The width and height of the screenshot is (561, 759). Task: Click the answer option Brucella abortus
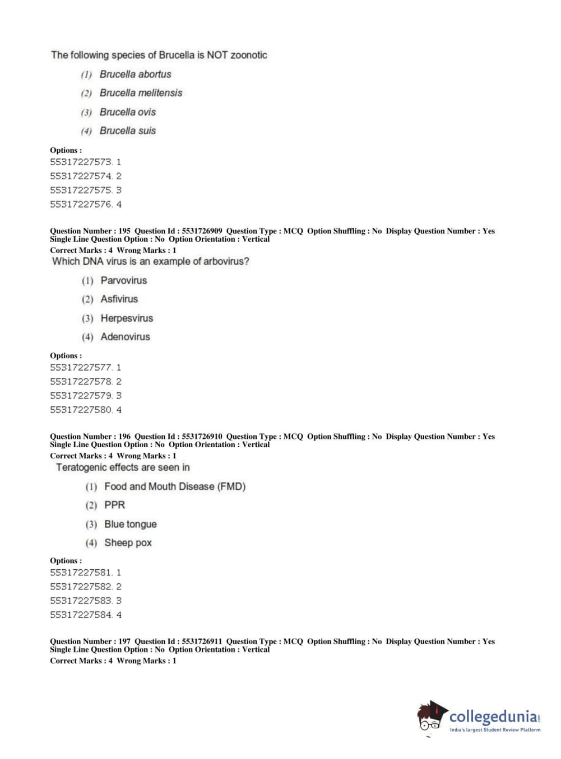pos(135,74)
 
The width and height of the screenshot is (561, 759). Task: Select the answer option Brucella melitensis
pos(141,93)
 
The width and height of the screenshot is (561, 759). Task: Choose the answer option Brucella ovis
pos(128,112)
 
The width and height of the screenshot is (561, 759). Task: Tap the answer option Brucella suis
pos(128,131)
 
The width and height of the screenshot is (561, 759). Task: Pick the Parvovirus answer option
pos(123,280)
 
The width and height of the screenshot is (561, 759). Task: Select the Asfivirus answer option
pos(119,299)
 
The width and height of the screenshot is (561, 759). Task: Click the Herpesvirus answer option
pos(127,318)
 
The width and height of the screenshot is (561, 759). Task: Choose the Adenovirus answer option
pos(125,337)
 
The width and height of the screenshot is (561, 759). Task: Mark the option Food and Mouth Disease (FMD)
pos(175,487)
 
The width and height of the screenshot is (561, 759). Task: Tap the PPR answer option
pos(114,505)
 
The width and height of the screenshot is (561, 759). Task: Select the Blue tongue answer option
pos(130,524)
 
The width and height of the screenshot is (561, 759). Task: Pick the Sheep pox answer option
pos(128,543)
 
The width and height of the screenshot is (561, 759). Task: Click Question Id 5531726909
pos(202,231)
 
